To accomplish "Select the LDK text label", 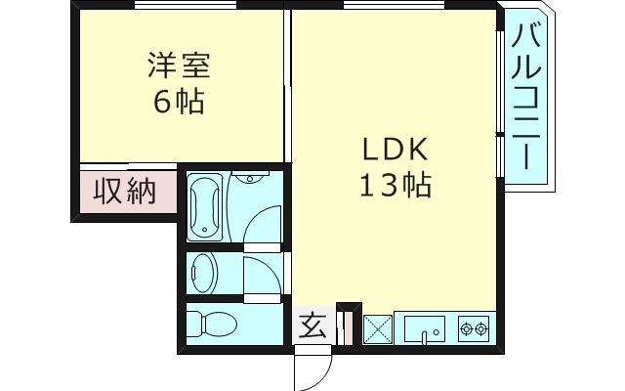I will coord(396,150).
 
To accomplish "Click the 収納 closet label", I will coord(124,192).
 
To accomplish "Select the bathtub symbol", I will coord(205,207).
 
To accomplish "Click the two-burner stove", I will coord(473,328).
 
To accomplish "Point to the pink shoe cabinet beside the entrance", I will coord(342,326).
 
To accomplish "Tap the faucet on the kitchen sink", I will coord(426,336).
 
